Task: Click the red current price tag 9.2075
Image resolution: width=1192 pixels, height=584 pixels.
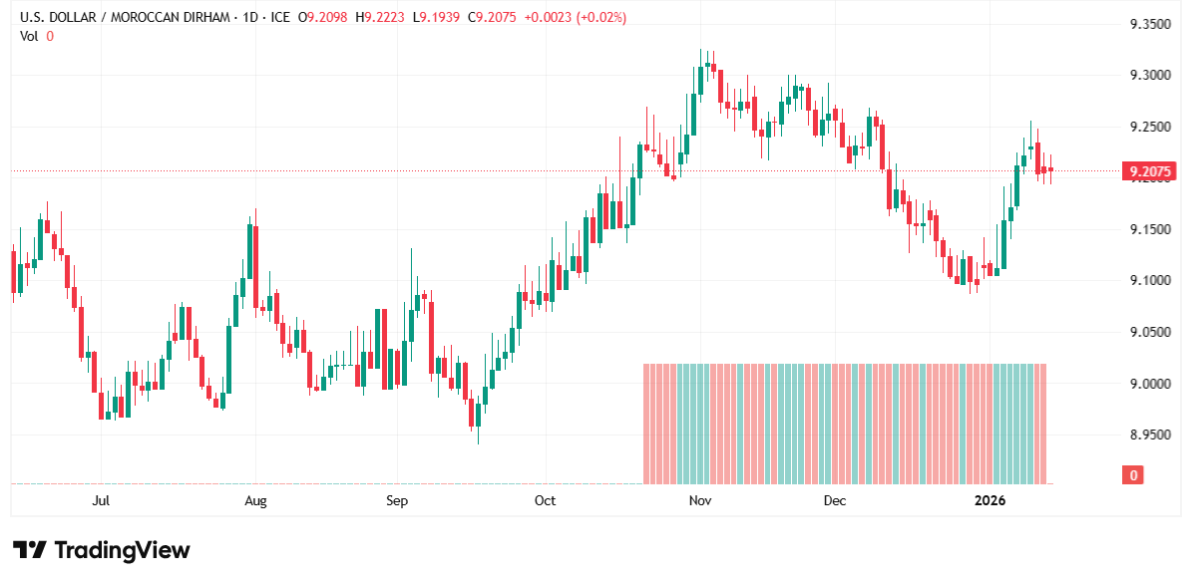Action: point(1148,171)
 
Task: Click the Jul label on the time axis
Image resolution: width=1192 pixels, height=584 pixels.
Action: point(100,500)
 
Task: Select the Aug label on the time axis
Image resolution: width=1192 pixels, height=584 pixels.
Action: point(255,500)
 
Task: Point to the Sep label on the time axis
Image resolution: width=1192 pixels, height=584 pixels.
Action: point(397,500)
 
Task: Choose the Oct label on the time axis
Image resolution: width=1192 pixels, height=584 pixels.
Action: point(545,500)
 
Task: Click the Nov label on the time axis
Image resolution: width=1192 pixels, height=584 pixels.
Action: point(699,500)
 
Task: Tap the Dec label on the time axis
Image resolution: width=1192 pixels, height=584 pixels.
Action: point(834,500)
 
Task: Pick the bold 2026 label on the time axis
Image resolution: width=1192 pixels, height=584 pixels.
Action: point(991,500)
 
